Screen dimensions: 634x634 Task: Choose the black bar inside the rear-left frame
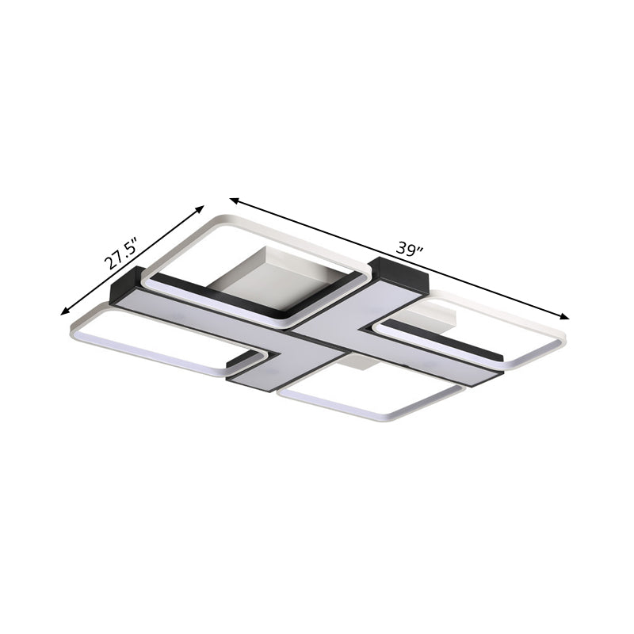[214, 297]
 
